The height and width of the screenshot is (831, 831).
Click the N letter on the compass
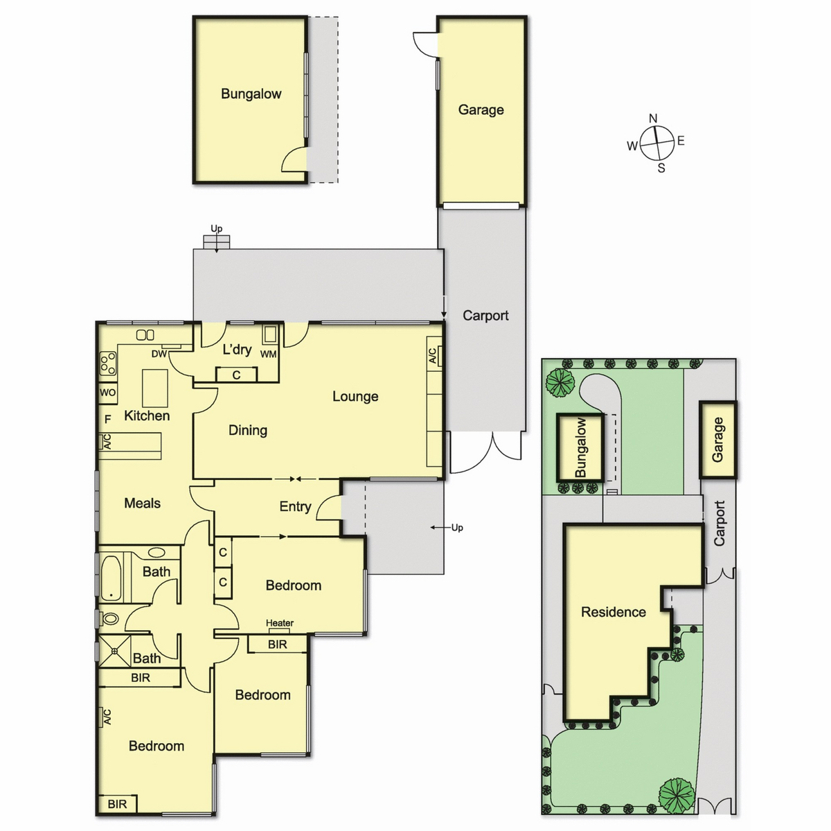pos(653,118)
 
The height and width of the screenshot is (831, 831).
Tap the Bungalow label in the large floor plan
pos(251,94)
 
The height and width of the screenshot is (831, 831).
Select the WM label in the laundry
pos(268,354)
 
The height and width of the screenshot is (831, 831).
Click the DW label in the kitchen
pos(159,354)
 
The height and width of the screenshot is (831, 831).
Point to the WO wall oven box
pos(108,393)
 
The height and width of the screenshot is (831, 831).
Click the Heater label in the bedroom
pos(280,623)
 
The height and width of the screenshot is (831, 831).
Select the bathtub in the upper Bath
pos(111,578)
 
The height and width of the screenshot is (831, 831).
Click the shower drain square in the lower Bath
pos(114,651)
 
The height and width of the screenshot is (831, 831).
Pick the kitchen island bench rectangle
pos(155,388)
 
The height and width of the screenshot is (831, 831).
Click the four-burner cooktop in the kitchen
pos(108,364)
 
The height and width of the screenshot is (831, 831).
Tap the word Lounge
pos(355,396)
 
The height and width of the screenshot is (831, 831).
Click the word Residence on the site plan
pos(614,612)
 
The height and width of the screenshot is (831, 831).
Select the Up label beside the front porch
pos(457,528)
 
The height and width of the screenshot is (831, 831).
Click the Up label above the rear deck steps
pos(217,229)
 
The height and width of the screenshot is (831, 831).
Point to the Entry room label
pos(295,506)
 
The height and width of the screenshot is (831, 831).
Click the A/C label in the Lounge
pos(433,356)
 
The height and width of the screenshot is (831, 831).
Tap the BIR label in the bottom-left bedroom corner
pos(117,804)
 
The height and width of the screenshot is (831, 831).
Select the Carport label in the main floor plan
pos(485,316)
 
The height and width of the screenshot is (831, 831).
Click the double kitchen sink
pos(145,334)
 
